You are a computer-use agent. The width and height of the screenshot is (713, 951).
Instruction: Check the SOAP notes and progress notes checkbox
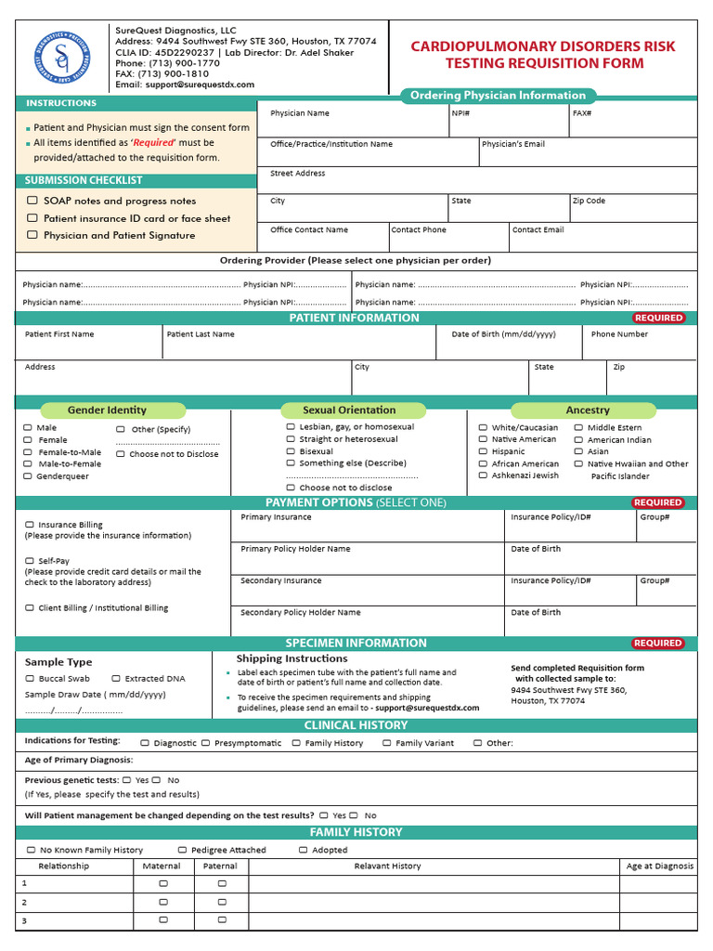tap(32, 201)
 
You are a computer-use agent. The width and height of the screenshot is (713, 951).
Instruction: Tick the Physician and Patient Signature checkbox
tap(32, 235)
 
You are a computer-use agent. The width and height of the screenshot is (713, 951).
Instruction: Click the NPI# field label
tap(460, 113)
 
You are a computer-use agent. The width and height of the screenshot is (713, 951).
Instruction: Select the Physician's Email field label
tap(512, 144)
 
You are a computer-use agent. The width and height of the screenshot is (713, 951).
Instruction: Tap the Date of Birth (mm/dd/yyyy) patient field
tap(503, 334)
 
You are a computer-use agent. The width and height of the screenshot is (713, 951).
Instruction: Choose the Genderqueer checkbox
tap(28, 476)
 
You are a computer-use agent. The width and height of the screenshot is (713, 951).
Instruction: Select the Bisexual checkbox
tap(291, 451)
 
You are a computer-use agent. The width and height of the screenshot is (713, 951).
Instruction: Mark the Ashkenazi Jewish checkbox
tap(483, 475)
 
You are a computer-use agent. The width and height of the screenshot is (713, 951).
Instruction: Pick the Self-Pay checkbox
tap(30, 561)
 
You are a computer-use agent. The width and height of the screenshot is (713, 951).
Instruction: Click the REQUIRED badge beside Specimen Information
tap(657, 643)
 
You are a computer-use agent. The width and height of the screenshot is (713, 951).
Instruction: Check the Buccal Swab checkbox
tap(30, 679)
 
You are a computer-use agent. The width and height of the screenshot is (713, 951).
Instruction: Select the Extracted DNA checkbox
tap(116, 679)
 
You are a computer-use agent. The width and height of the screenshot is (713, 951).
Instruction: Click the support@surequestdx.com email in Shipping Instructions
tap(427, 708)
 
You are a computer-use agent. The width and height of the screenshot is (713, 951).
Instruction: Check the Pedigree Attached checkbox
tap(182, 850)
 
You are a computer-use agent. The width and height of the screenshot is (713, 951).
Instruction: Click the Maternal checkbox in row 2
tap(162, 902)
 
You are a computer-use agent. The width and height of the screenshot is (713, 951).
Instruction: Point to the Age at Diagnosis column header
tap(659, 866)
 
